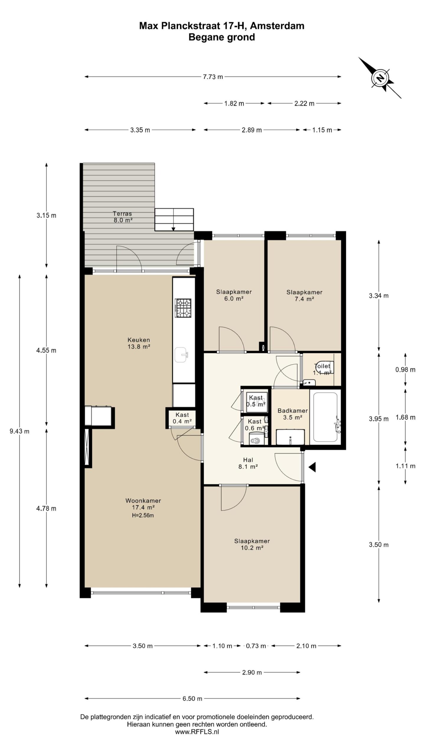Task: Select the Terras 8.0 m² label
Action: click(122, 217)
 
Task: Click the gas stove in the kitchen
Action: click(183, 308)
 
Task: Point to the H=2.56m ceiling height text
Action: click(143, 516)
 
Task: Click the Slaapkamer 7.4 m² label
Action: click(304, 295)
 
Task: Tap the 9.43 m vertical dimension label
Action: click(19, 431)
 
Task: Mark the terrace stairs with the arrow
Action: click(174, 220)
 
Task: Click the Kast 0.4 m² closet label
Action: click(182, 418)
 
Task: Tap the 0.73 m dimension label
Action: click(256, 646)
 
